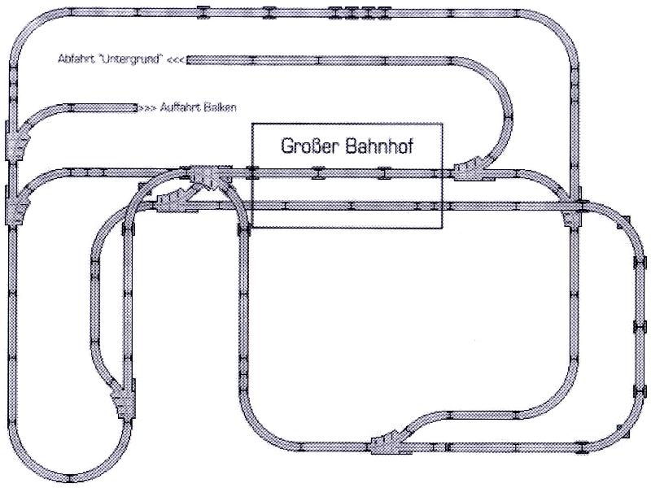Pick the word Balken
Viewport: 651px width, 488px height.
point(222,107)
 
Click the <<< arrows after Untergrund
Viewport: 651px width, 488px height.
point(176,59)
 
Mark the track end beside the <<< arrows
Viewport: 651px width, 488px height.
point(188,60)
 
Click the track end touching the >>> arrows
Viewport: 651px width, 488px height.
point(135,108)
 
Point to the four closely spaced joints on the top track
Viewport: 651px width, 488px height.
point(359,13)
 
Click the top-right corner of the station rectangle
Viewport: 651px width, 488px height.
point(442,124)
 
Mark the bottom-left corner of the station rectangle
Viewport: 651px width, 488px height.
point(252,228)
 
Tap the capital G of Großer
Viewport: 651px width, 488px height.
point(286,146)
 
